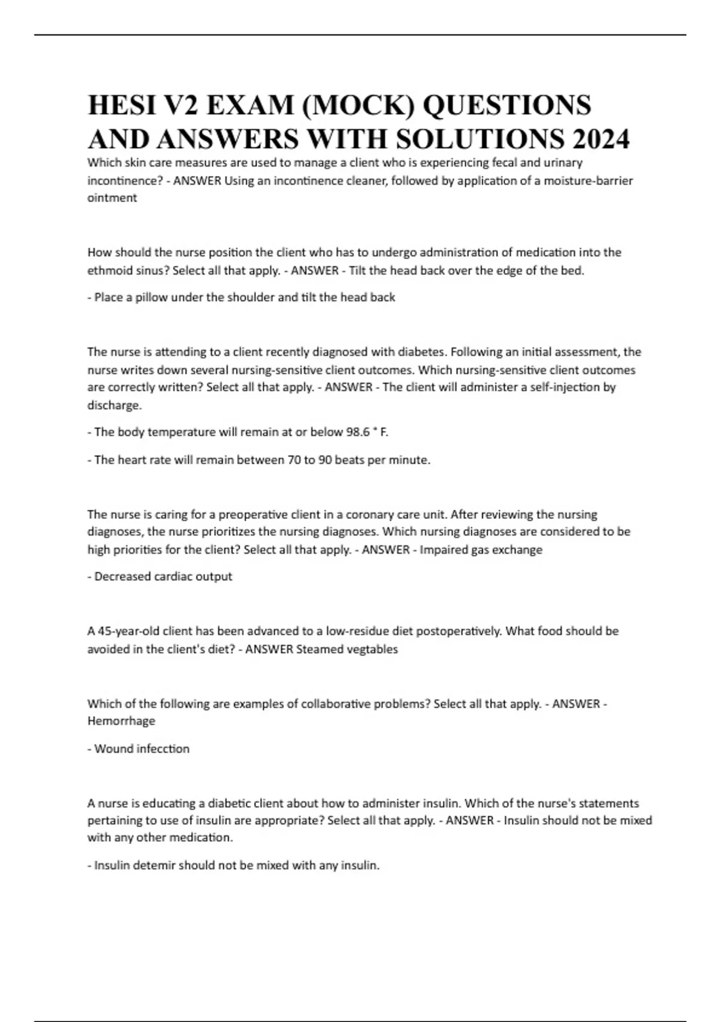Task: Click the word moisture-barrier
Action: tap(588, 180)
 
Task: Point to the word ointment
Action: tap(112, 198)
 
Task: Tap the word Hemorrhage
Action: tap(121, 721)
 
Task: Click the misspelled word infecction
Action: tap(165, 748)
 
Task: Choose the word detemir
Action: tap(154, 866)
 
